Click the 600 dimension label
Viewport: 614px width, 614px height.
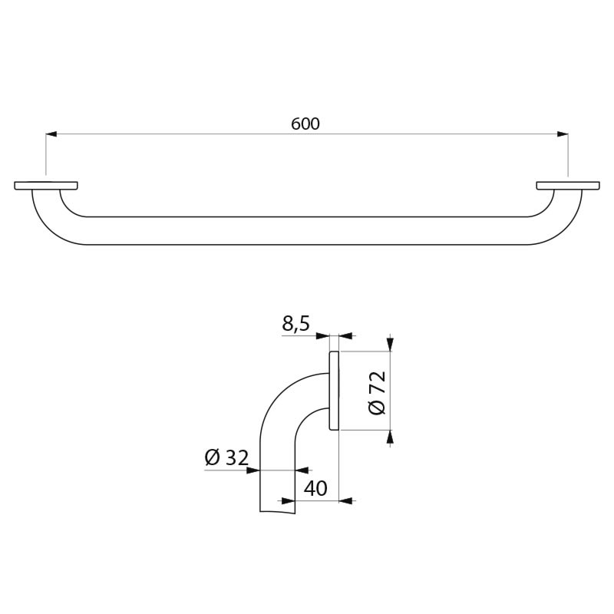click(x=305, y=124)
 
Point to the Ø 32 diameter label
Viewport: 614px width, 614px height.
click(x=226, y=457)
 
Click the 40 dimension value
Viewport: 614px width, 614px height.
click(x=315, y=488)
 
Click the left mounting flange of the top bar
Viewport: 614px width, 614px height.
click(x=46, y=185)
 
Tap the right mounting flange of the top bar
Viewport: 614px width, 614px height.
click(x=568, y=185)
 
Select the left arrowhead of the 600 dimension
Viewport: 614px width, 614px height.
click(x=51, y=134)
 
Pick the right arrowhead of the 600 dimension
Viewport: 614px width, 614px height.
click(x=563, y=134)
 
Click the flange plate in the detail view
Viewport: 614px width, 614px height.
click(x=334, y=391)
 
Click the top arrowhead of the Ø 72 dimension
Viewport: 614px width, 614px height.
click(x=391, y=345)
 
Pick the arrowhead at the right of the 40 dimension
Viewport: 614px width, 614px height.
click(x=345, y=500)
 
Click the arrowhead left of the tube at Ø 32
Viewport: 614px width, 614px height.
click(x=253, y=470)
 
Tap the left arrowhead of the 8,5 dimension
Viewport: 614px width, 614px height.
click(x=324, y=335)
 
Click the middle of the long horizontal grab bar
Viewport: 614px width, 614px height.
click(x=307, y=230)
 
